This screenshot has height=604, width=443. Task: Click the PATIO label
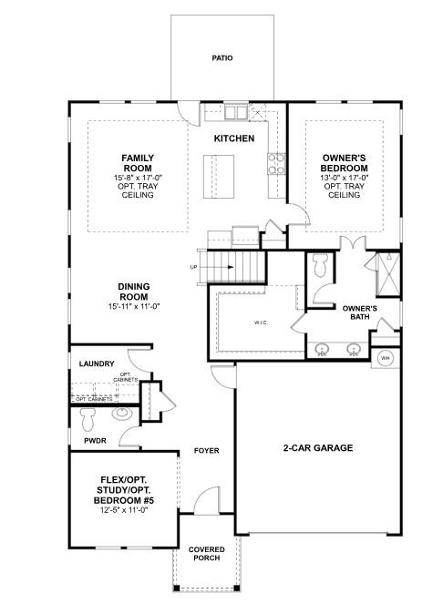click(222, 58)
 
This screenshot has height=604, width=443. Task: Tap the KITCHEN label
click(234, 138)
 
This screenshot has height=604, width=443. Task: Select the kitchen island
click(219, 177)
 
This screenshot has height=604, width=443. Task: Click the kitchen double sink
click(235, 112)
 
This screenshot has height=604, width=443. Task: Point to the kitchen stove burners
click(276, 163)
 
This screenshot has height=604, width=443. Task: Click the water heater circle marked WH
click(386, 358)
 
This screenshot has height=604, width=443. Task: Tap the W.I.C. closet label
click(261, 322)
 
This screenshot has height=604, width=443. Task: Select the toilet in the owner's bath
click(320, 265)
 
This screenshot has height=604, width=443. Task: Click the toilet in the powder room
click(88, 419)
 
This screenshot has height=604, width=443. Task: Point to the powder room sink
click(122, 414)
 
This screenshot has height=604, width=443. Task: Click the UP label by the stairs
click(193, 267)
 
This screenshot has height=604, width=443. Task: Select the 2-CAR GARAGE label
click(318, 447)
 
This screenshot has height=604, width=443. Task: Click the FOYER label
click(206, 450)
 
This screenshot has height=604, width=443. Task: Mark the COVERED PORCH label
click(207, 554)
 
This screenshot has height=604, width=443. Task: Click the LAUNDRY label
click(97, 363)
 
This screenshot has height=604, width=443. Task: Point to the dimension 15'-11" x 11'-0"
click(134, 307)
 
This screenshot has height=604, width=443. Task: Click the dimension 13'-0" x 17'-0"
click(344, 178)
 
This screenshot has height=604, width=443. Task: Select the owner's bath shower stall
click(388, 274)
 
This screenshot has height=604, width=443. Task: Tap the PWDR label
click(95, 441)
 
